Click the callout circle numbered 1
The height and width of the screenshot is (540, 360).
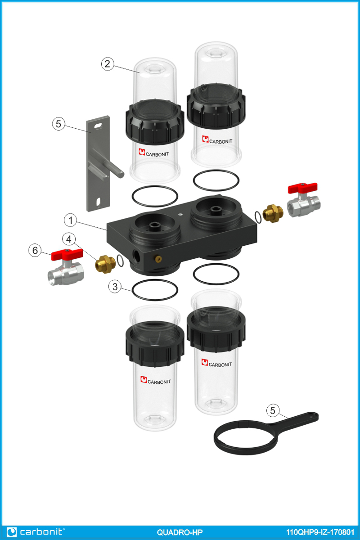70,220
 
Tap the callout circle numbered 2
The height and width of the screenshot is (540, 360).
107,64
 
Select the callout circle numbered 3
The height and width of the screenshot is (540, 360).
115,287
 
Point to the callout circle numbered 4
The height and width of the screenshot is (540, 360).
69,239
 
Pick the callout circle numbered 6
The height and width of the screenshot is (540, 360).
35,250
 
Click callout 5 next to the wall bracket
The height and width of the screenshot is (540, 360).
58,124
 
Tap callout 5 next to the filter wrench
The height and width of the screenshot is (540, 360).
273,410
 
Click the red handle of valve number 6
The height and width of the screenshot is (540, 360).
67,254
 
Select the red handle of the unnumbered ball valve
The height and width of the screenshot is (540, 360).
302,188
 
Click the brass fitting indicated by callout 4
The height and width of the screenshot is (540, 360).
105,264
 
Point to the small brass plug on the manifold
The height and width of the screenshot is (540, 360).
158,259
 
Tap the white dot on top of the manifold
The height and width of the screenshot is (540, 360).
180,214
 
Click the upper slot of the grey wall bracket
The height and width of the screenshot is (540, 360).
98,126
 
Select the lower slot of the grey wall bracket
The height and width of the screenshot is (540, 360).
98,202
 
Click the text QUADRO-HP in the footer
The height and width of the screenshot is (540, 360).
180,532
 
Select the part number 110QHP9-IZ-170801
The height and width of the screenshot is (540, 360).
320,532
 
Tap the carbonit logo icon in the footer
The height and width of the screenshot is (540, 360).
12,532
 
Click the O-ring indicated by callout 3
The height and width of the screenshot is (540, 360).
155,290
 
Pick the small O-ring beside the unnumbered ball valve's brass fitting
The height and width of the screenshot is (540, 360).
258,217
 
